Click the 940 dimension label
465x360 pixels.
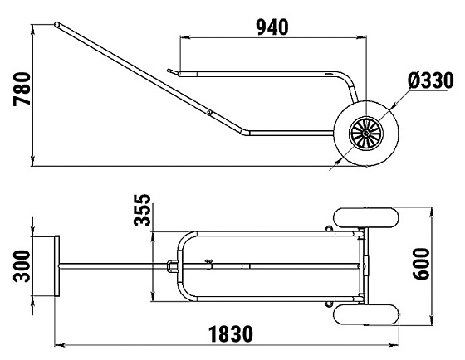(x=272, y=27)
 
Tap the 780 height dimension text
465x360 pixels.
(x=22, y=89)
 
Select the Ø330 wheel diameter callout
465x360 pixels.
(x=431, y=80)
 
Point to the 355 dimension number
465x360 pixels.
(x=142, y=210)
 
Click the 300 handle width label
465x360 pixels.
(x=22, y=266)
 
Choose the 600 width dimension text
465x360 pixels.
(x=421, y=264)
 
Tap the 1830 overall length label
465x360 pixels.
(x=231, y=334)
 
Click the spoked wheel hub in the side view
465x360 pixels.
(x=366, y=134)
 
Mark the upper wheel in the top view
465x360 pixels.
(x=366, y=218)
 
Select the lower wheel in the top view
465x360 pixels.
(x=366, y=314)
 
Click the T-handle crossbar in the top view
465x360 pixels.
(x=57, y=266)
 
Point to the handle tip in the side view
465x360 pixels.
(x=56, y=24)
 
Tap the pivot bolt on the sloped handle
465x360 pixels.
(x=209, y=112)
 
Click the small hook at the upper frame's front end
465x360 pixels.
(x=171, y=71)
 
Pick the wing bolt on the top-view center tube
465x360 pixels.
(x=209, y=263)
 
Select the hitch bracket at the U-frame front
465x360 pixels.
(x=173, y=266)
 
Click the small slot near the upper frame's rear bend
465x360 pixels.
(x=329, y=74)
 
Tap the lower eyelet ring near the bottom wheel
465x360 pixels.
(x=329, y=304)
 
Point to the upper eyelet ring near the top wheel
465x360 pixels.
(x=329, y=229)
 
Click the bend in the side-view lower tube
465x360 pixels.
(x=245, y=133)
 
